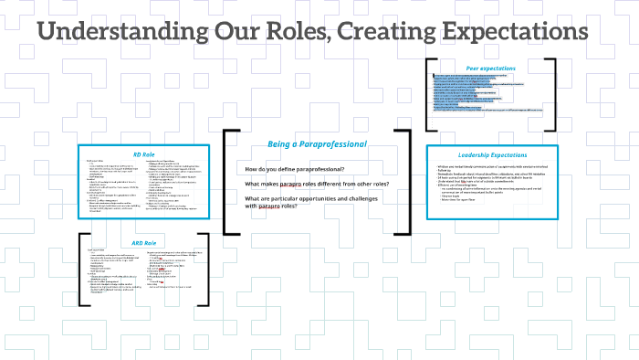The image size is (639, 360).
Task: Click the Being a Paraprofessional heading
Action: tap(317, 144)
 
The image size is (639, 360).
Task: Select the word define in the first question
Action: tap(289, 171)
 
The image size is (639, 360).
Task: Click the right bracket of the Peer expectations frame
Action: tap(553, 95)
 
